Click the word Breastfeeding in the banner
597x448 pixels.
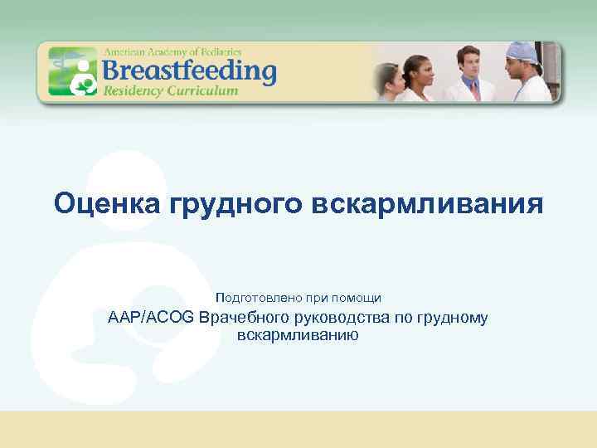click(189, 69)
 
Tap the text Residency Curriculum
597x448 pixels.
click(170, 90)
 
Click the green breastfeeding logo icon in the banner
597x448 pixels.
click(72, 72)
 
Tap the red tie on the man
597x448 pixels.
click(470, 90)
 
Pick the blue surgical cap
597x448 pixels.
click(523, 50)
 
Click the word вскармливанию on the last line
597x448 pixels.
click(298, 335)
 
